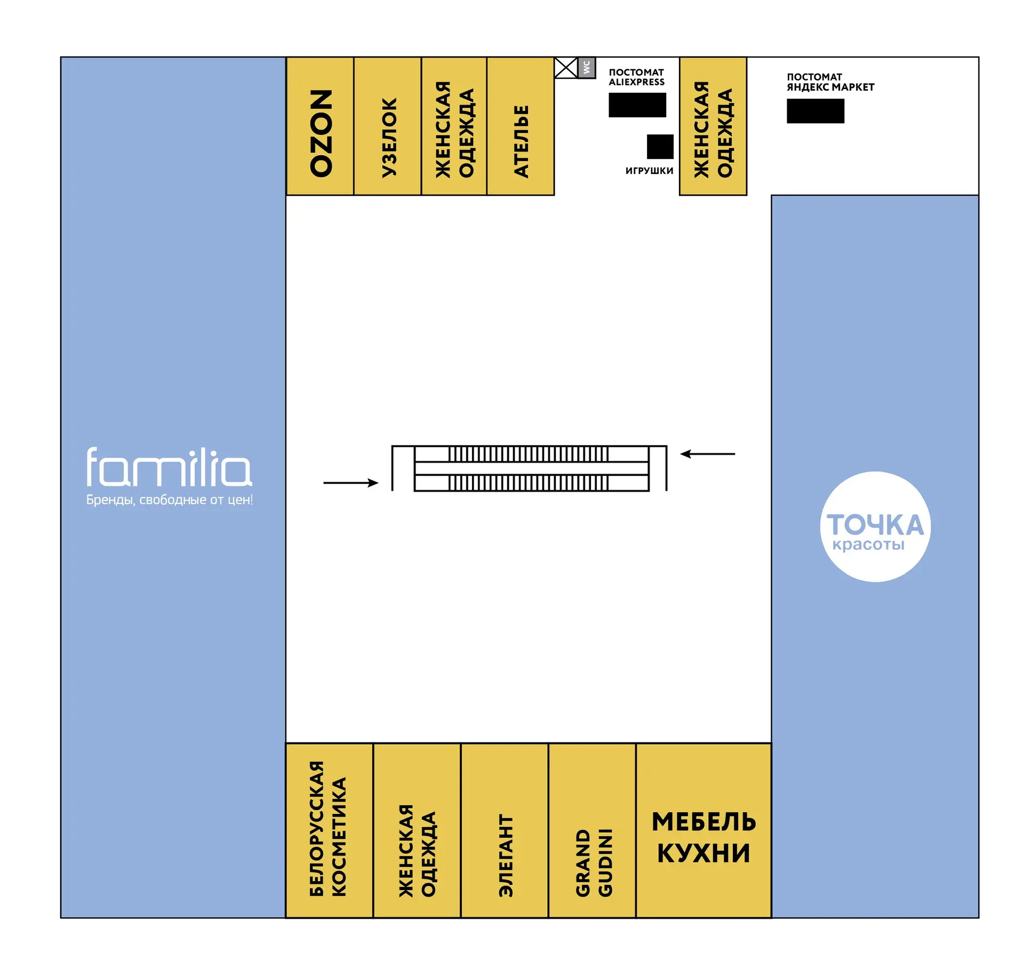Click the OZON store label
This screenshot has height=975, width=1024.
point(321,133)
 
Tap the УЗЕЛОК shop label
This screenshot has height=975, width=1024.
point(389,137)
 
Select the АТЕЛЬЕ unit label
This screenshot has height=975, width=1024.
point(521,141)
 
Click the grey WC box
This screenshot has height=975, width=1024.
point(587,68)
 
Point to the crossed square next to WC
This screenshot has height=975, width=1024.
point(566,68)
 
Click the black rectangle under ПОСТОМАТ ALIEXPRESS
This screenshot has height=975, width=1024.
point(637,105)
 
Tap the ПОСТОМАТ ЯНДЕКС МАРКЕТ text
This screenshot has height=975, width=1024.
point(830,82)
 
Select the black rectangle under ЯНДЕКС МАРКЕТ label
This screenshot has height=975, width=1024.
point(815,111)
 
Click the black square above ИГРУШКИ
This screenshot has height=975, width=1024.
point(660,147)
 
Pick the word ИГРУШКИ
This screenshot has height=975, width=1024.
point(650,171)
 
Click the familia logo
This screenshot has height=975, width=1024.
point(169,467)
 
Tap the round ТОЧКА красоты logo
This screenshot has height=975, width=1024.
point(875,526)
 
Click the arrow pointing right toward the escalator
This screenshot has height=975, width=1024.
point(351,483)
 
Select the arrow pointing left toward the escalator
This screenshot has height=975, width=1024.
point(708,454)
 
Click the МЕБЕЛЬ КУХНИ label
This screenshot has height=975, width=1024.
point(704,837)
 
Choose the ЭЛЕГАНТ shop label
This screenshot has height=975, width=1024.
point(506,856)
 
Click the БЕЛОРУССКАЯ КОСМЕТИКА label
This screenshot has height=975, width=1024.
point(328,829)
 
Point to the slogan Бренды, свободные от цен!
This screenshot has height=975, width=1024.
point(170,500)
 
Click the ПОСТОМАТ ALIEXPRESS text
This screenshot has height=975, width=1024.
point(637,77)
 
